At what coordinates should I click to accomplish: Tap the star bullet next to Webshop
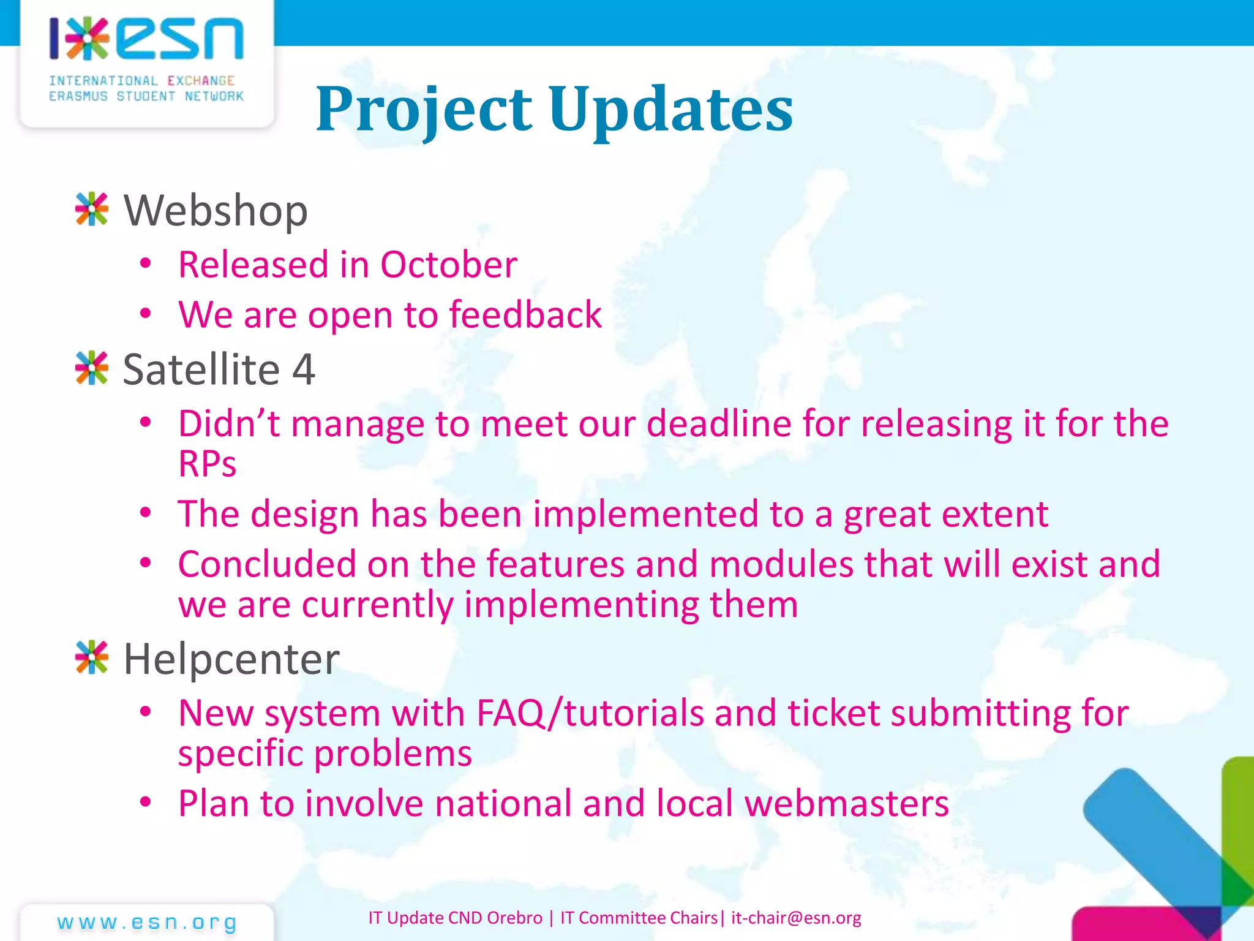click(x=92, y=210)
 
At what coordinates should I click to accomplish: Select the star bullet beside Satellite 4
click(x=92, y=368)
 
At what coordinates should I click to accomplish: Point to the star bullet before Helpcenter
click(x=92, y=658)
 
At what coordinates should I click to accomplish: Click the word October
click(x=448, y=265)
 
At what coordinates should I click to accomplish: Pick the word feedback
click(x=525, y=315)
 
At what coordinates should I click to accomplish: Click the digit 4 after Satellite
click(x=304, y=369)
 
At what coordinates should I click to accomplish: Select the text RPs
click(x=207, y=464)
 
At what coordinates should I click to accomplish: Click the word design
click(x=305, y=514)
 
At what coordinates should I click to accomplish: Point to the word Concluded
click(x=267, y=564)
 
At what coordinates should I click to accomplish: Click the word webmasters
click(x=846, y=803)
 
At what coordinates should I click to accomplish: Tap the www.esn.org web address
click(x=147, y=922)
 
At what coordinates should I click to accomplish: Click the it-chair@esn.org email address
click(x=796, y=918)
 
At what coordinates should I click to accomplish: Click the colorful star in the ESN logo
click(x=88, y=39)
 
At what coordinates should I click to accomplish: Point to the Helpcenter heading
click(x=231, y=660)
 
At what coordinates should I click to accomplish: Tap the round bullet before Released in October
click(x=145, y=264)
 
